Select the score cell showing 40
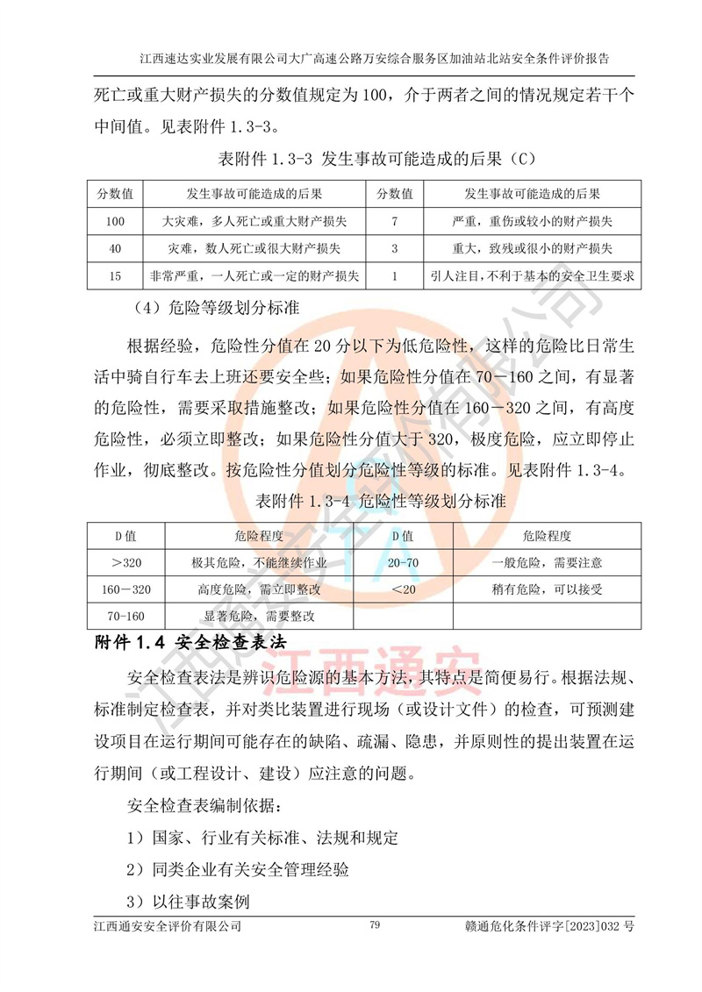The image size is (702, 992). pos(115,249)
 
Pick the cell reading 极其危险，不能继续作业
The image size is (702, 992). pos(257,562)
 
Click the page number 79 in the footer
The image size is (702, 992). pos(375,925)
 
